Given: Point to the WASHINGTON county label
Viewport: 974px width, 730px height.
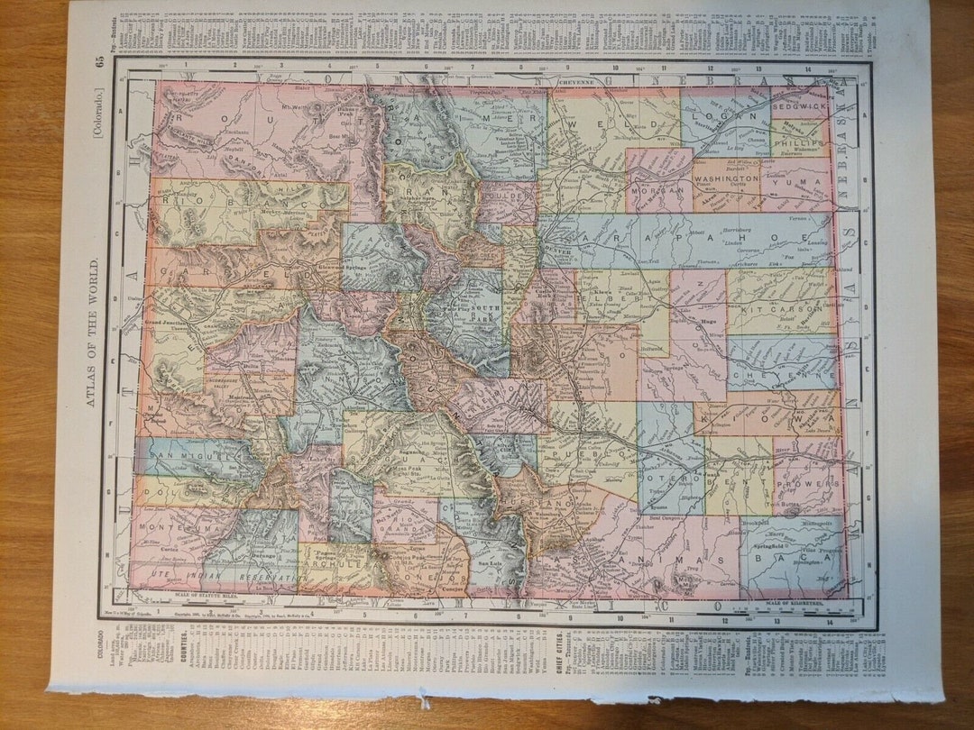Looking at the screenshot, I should point(726,179).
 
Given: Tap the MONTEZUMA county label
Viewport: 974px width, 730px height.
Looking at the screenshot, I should point(170,534).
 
